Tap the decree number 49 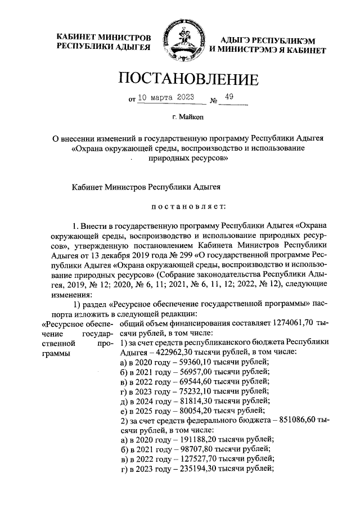pos(229,96)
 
